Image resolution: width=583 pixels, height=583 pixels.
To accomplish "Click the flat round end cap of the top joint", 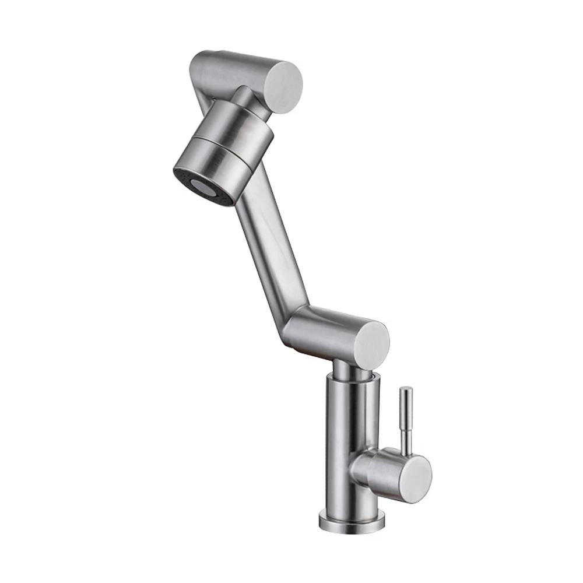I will [283, 87].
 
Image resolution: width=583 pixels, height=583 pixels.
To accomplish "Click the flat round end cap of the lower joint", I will [373, 345].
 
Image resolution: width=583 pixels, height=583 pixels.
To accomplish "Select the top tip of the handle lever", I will [406, 390].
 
